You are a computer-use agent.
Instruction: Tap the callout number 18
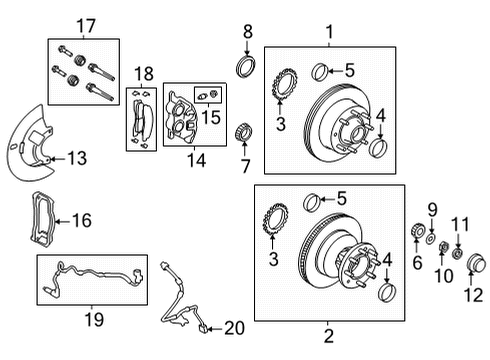pyautogui.click(x=143, y=74)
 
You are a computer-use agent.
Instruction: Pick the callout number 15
pyautogui.click(x=210, y=118)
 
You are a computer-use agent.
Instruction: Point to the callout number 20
pyautogui.click(x=234, y=326)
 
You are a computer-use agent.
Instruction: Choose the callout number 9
pyautogui.click(x=433, y=208)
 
